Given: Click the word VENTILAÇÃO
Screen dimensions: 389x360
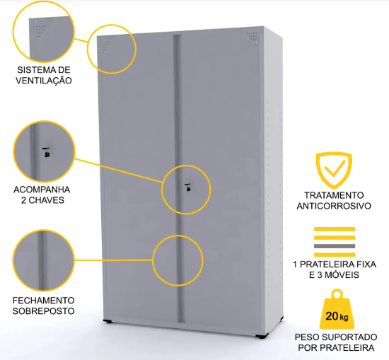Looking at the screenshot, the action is (44, 81).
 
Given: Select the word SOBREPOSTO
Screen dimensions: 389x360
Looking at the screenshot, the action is (44, 311).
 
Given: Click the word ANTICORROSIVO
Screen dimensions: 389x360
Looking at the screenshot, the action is (334, 206).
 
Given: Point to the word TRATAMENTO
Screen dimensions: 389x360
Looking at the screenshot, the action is (334, 195).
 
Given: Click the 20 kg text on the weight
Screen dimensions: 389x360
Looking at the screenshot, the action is (337, 316).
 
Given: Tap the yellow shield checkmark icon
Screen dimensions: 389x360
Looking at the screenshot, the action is (334, 170).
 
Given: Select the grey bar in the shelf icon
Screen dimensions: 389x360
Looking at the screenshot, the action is (335, 246).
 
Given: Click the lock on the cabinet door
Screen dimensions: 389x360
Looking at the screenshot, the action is (188, 187).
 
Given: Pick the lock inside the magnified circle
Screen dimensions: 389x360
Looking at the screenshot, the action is (46, 152).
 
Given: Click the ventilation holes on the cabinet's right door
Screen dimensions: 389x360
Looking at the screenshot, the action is (252, 37).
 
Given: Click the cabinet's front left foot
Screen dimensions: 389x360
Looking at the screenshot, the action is (108, 321).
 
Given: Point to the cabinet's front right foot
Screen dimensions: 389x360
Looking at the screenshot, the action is (262, 336).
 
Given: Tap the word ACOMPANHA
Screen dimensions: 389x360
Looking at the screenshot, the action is (42, 190).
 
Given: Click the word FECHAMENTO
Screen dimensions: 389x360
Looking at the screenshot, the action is (44, 300).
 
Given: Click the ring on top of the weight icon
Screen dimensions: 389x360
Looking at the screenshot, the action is (337, 294).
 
